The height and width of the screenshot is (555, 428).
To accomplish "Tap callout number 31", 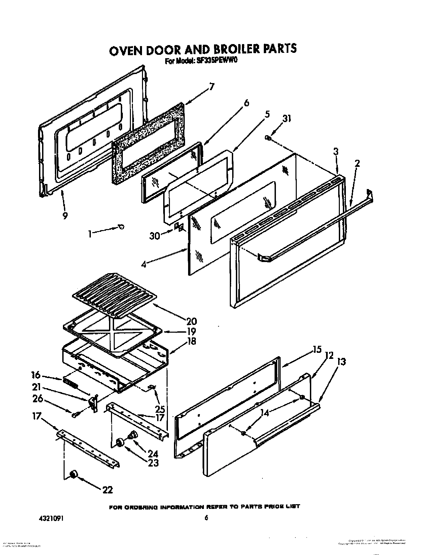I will coord(287,119).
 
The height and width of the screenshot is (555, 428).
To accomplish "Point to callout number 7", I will coord(211,87).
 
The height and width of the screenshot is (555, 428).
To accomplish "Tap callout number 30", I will coord(155,236).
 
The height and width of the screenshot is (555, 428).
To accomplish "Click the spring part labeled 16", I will coord(70,383).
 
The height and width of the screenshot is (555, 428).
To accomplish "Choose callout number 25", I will coord(160,409).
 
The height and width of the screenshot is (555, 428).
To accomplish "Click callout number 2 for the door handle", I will coord(357,164).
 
